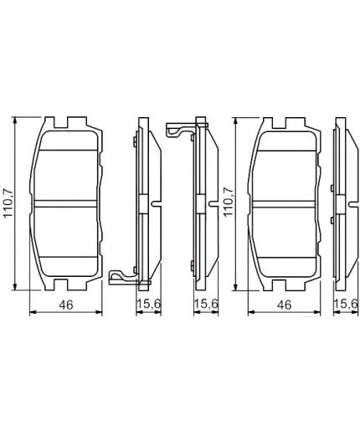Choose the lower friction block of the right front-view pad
click(287, 238)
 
